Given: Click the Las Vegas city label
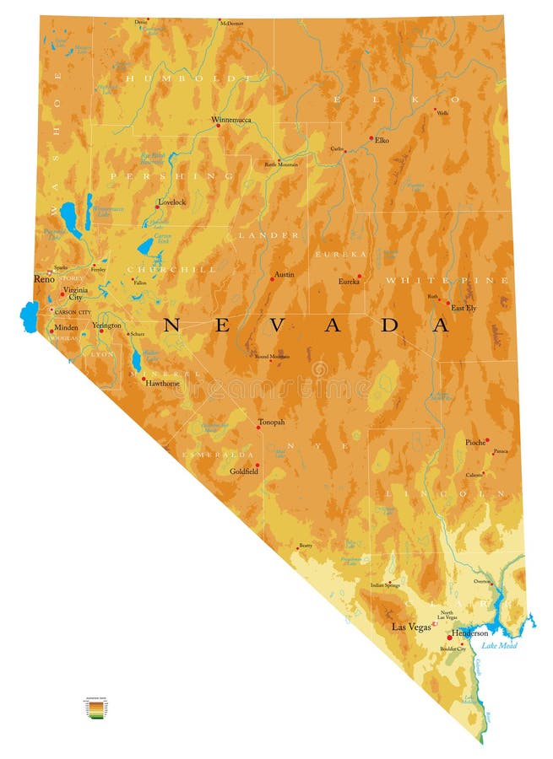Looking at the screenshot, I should point(412,627).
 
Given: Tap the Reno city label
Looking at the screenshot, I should point(43,278).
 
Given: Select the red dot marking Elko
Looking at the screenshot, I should point(371,137).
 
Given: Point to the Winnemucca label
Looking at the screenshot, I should point(231,120).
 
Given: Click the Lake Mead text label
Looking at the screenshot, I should point(499,645).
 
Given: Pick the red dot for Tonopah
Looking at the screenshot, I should point(258,428).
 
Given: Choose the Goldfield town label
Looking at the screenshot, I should point(244,471).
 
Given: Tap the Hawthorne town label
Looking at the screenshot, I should point(162,383).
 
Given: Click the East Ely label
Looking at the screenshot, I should point(463,308).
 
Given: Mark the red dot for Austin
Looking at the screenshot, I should point(272,278).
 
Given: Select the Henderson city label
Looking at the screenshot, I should point(469,632).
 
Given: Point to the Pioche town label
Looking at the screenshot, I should point(475,442).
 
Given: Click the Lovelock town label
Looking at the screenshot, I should point(171,202).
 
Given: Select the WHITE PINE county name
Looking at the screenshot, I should point(447,279).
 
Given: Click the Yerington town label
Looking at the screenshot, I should point(106,325).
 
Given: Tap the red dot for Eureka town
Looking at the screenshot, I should point(359,276).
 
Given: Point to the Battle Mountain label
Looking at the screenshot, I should point(282,164).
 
